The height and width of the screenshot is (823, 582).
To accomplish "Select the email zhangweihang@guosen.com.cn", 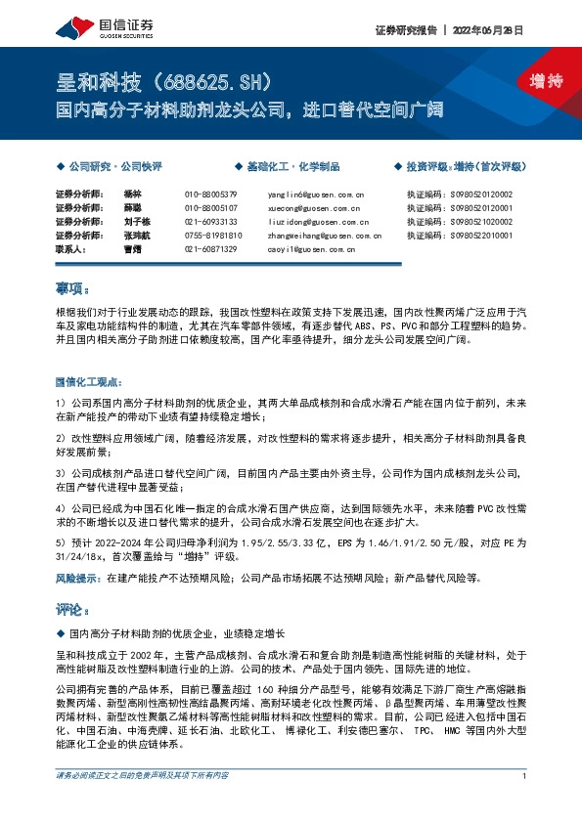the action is (x=323, y=236).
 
